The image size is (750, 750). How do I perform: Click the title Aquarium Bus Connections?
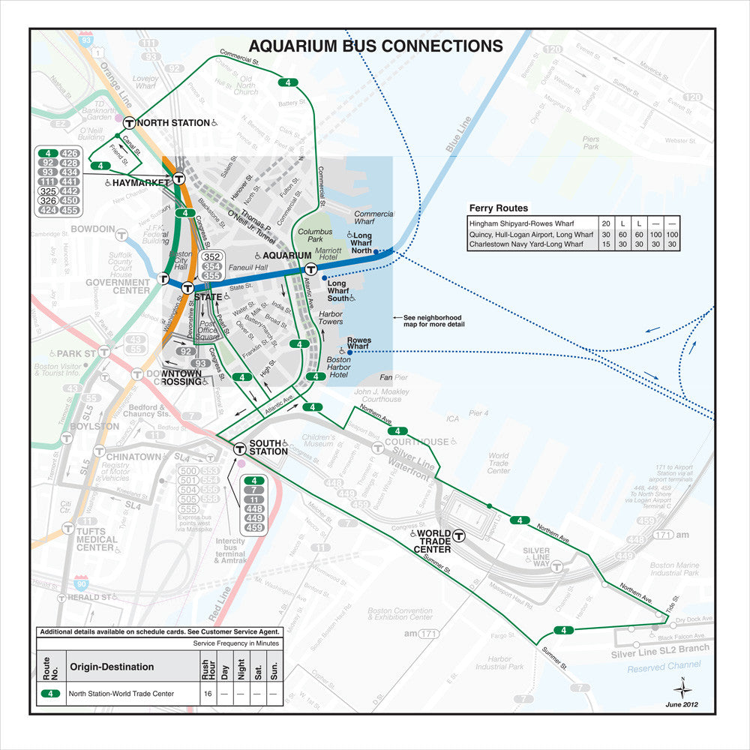376,46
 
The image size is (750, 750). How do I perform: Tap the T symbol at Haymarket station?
178,179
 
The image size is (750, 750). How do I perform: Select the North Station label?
173,123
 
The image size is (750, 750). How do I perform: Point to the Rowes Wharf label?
358,343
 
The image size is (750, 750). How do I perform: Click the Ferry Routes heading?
499,208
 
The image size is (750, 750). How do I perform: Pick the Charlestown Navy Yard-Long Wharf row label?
526,244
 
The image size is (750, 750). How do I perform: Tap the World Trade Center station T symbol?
457,535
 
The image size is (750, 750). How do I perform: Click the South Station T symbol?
239,450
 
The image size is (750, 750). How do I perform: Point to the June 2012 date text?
682,704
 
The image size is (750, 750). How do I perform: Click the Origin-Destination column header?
112,667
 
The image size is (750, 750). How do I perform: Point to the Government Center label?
118,286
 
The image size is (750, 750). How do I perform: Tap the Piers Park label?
591,142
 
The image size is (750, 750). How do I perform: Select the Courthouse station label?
420,442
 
